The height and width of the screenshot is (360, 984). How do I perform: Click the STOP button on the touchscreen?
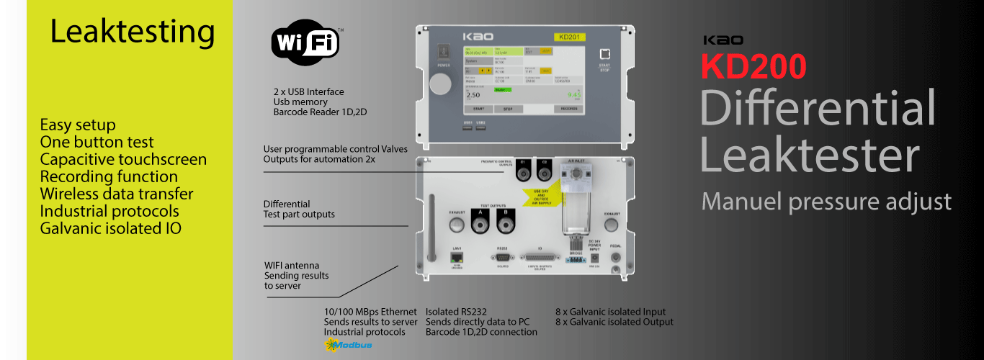point(507,109)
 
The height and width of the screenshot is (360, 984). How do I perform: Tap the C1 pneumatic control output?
point(525,169)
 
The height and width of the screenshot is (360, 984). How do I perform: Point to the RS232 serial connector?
point(502,258)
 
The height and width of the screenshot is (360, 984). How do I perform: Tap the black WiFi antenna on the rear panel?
point(432,229)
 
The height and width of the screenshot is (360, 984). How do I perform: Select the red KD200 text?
point(753,67)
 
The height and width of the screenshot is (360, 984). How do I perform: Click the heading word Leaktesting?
point(133,32)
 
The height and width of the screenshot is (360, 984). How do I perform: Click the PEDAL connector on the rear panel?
point(615,256)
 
